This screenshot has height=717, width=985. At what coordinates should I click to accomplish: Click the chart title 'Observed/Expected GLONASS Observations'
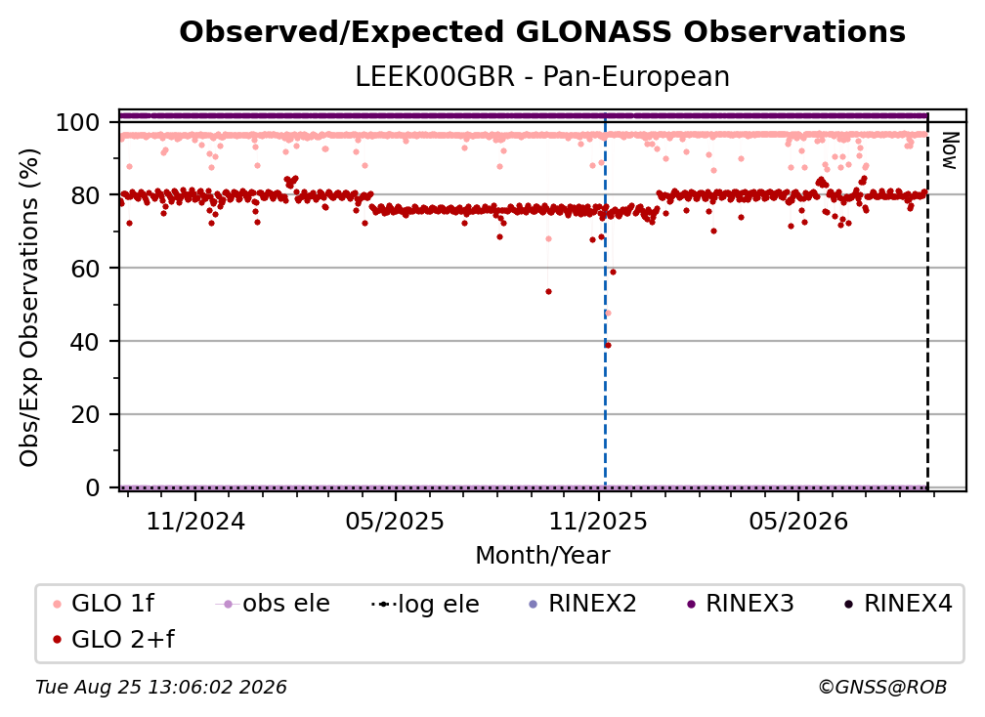(542, 32)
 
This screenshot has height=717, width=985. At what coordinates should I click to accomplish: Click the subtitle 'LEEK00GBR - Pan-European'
(542, 76)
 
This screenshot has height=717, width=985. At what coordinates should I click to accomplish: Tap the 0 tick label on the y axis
(92, 487)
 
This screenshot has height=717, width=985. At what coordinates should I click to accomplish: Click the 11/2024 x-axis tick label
(195, 521)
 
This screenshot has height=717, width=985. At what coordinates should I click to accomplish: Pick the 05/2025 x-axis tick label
(395, 521)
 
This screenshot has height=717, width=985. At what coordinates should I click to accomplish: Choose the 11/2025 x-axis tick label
(598, 521)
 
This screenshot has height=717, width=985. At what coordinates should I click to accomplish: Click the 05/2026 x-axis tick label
(797, 521)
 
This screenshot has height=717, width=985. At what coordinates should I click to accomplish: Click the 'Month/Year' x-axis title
(542, 556)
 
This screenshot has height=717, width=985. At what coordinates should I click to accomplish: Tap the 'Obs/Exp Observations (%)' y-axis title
(29, 308)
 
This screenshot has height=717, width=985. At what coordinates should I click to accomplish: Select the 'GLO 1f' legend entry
(104, 604)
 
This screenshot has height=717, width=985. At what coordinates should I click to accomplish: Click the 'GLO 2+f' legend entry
(113, 640)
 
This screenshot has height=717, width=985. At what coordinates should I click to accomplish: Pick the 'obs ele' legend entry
(273, 604)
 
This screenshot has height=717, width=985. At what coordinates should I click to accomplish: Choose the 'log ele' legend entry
(425, 604)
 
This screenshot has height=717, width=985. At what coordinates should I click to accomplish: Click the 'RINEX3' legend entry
(741, 604)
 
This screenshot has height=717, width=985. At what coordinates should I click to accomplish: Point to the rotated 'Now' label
(949, 150)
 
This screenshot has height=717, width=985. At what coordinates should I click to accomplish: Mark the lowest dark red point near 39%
(608, 346)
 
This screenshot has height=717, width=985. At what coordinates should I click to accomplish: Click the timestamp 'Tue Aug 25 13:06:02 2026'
(161, 688)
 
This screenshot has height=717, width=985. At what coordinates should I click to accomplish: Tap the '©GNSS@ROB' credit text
(882, 688)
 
